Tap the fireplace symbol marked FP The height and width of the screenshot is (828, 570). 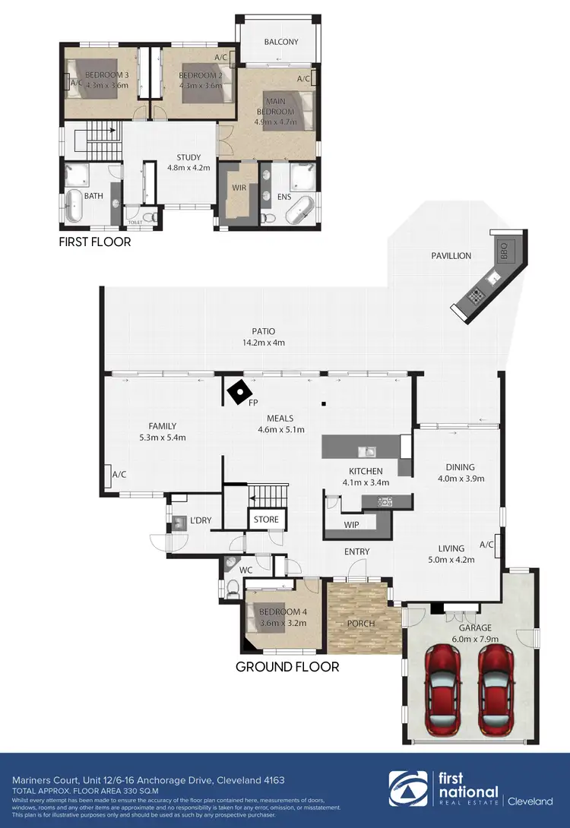point(240,392)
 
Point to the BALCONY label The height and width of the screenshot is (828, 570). point(281,42)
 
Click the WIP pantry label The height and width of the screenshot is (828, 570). point(351,525)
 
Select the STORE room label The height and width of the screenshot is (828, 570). point(266,520)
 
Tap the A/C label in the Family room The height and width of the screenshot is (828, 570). point(119,475)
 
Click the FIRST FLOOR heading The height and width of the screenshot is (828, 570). point(94,242)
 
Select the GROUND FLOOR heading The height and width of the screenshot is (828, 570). point(287,666)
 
